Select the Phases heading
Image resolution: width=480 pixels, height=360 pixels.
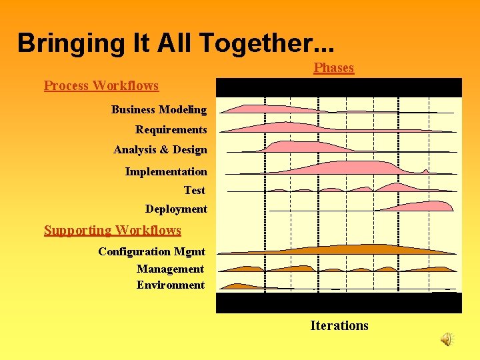click(x=333, y=68)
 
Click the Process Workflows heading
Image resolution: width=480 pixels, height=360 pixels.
click(x=101, y=85)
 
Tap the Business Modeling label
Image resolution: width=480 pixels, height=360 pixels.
click(x=159, y=109)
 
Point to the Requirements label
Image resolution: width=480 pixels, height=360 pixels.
click(x=171, y=129)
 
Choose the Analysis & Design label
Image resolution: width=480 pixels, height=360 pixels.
click(x=160, y=150)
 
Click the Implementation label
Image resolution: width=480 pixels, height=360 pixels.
click(x=166, y=171)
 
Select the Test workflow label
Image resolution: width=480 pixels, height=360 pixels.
click(x=195, y=190)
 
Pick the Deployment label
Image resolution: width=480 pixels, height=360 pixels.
click(x=176, y=209)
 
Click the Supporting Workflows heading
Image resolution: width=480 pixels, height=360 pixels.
click(x=113, y=231)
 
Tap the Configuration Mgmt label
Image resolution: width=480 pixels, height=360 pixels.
click(x=151, y=251)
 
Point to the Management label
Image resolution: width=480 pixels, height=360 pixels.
click(x=170, y=269)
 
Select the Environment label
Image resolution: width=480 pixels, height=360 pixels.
click(x=171, y=285)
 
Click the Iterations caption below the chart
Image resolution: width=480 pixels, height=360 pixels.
click(x=339, y=325)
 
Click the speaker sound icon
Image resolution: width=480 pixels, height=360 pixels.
click(x=446, y=339)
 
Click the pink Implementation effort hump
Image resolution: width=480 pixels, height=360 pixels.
click(x=353, y=167)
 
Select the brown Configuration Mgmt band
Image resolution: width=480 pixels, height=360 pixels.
click(x=333, y=249)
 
